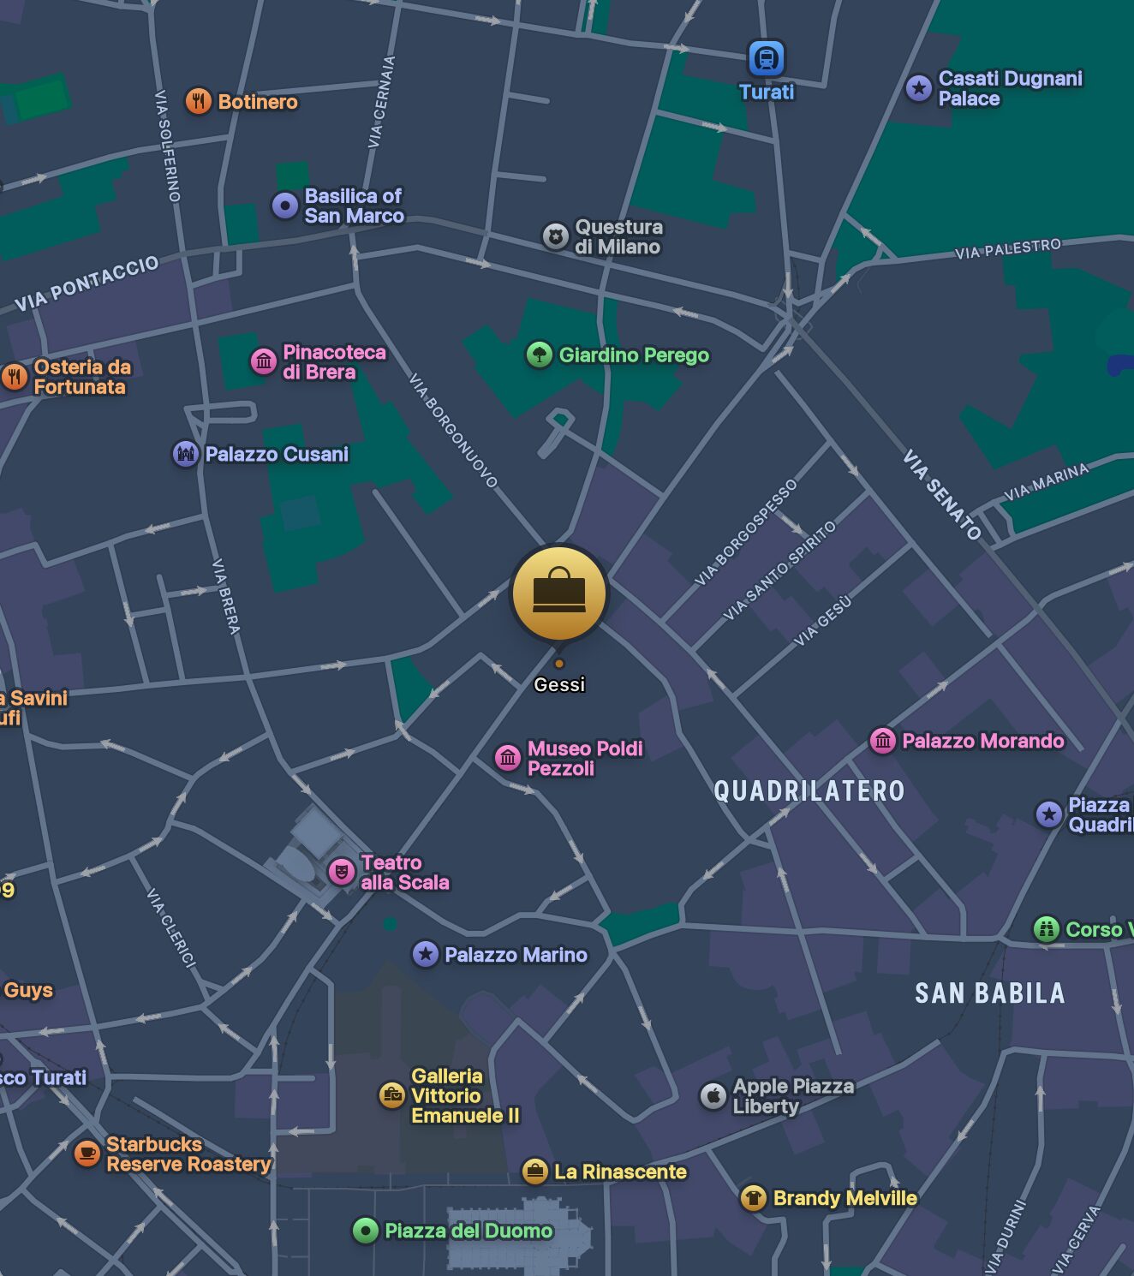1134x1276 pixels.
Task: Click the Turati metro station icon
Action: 766,58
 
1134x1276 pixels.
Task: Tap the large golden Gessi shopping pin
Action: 559,593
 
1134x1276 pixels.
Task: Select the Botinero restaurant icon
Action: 198,101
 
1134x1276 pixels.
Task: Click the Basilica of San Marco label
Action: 354,206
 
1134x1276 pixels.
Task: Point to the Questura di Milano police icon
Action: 556,236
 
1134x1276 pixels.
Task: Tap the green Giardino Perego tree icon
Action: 539,354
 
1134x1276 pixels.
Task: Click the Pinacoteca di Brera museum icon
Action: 263,361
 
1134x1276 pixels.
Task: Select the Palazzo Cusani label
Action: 276,454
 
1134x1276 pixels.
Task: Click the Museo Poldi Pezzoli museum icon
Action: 508,757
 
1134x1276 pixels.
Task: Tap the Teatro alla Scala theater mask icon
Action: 341,872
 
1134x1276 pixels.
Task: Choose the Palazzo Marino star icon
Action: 425,953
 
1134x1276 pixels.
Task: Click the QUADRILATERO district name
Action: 809,790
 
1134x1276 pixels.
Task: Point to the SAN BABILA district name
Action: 989,993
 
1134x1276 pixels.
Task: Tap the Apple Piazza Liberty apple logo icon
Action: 713,1095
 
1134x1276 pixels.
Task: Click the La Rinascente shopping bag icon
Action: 534,1171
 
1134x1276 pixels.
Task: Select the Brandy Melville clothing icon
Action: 753,1196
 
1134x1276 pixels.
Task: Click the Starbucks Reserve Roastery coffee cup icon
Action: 87,1154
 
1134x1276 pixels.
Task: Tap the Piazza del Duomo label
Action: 468,1231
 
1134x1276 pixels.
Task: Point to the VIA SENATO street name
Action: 941,494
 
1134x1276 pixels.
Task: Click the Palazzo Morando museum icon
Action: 882,740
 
